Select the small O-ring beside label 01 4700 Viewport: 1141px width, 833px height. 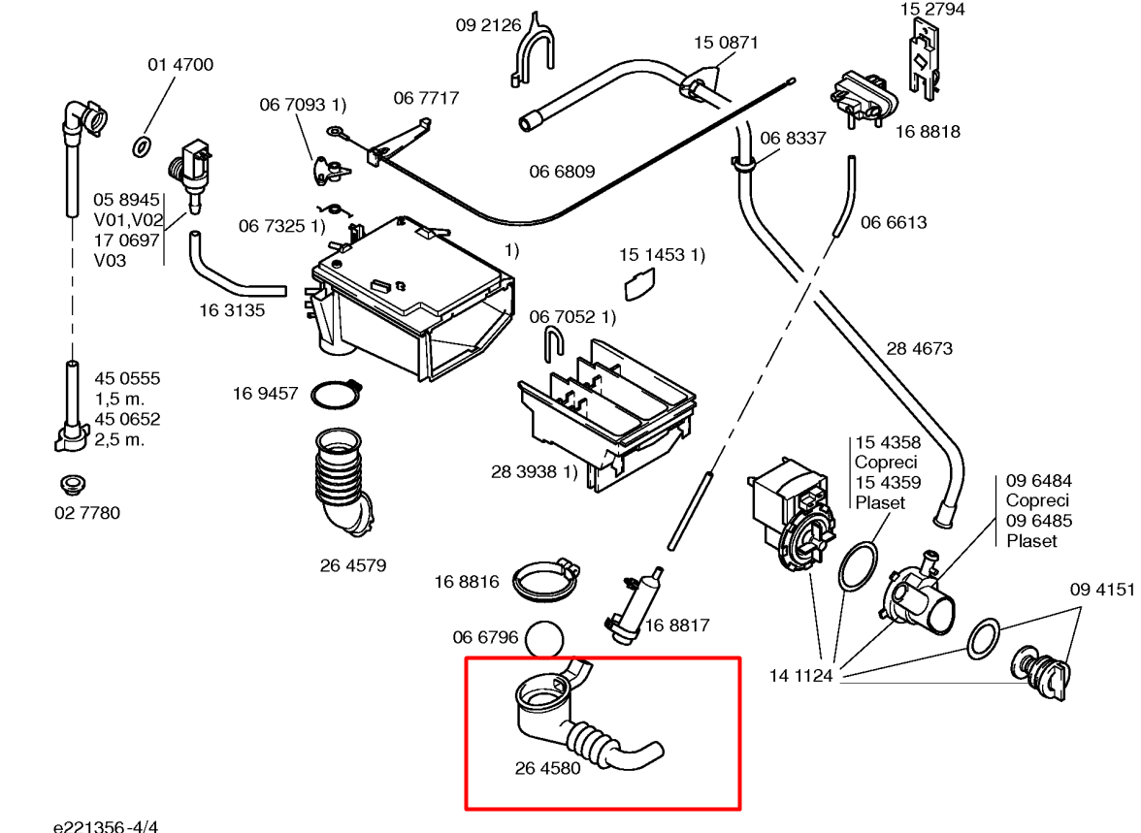[x=141, y=147]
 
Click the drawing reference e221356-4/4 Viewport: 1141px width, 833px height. [x=106, y=825]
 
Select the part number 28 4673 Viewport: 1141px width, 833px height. [x=919, y=348]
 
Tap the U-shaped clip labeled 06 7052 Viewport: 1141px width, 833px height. [x=554, y=344]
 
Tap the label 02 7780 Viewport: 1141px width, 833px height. [x=87, y=513]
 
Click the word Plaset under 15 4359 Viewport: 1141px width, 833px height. [x=880, y=502]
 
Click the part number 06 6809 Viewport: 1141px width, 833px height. [x=562, y=172]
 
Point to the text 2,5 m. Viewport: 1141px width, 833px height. [x=119, y=439]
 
